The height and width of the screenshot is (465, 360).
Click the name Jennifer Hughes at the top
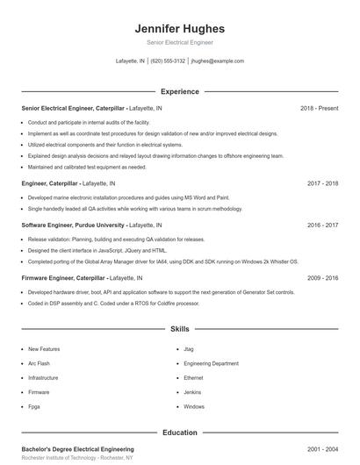(179, 28)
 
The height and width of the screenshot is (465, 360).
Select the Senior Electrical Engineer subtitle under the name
(179, 42)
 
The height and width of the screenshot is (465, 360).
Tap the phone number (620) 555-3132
(168, 61)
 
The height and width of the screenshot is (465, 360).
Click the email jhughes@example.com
(217, 61)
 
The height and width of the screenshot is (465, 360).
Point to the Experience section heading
(179, 91)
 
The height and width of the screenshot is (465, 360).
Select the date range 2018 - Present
(319, 108)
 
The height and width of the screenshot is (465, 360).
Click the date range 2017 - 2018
(322, 184)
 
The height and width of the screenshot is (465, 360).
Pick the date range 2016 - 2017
(322, 225)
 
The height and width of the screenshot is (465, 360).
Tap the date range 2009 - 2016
(322, 277)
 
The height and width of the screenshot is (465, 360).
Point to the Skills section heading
(179, 330)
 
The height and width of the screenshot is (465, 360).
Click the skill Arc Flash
(39, 363)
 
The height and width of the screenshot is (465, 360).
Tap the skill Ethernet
(194, 378)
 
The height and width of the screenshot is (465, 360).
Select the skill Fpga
(35, 407)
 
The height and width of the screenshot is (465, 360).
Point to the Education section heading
(179, 433)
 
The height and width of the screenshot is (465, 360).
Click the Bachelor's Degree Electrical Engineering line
(77, 448)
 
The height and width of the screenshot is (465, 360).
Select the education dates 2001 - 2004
(322, 448)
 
